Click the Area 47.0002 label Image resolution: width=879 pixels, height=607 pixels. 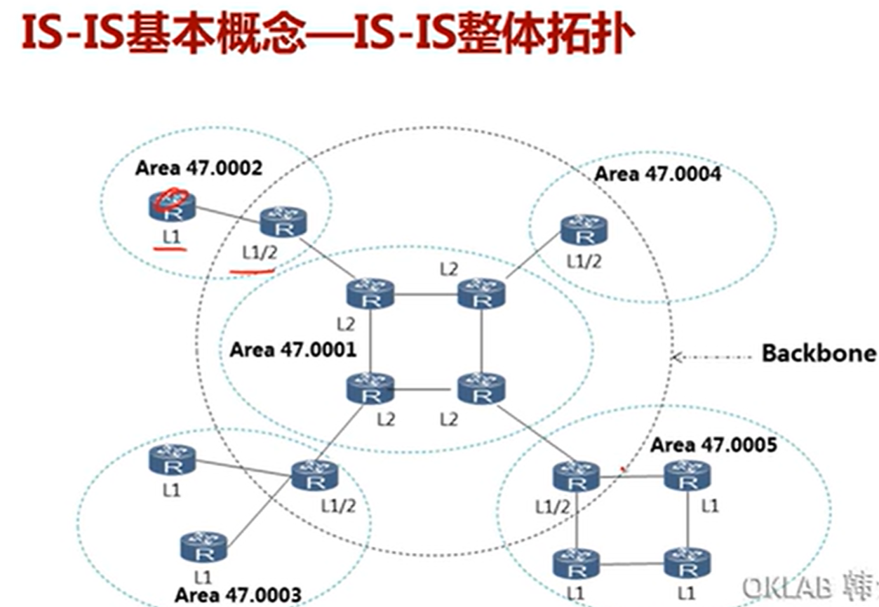(x=199, y=168)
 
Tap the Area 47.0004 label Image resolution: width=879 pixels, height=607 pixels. (x=657, y=173)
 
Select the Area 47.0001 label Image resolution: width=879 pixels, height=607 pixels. (x=293, y=349)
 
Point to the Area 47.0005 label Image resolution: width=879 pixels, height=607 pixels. (x=713, y=445)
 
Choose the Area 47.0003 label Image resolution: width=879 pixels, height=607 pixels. (x=237, y=595)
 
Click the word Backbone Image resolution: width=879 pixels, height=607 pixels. (x=819, y=353)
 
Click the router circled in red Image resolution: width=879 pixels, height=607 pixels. (x=170, y=205)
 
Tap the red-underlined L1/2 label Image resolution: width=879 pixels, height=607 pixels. (x=259, y=252)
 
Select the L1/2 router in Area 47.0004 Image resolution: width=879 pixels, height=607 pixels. (x=584, y=230)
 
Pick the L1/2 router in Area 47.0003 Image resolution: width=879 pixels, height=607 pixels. (x=314, y=475)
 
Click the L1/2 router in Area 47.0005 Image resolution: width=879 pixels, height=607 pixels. (x=577, y=476)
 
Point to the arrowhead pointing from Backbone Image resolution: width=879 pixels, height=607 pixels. (x=676, y=357)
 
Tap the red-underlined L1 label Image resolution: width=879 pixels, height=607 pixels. (x=172, y=238)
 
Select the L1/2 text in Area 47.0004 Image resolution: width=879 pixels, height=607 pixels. (x=584, y=262)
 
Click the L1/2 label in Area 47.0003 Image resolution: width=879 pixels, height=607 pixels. (x=338, y=505)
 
